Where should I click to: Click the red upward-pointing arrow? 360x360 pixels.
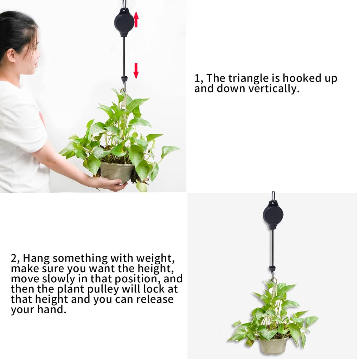(136, 19)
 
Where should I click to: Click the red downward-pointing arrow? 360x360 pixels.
(136, 71)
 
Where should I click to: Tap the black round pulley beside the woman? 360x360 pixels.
(124, 22)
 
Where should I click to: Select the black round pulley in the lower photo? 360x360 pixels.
(273, 214)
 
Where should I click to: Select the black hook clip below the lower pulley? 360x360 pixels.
(272, 269)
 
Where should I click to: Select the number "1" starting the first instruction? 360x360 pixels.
(197, 78)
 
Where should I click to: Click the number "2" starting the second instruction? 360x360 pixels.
(14, 258)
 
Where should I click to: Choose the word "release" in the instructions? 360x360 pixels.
(155, 300)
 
